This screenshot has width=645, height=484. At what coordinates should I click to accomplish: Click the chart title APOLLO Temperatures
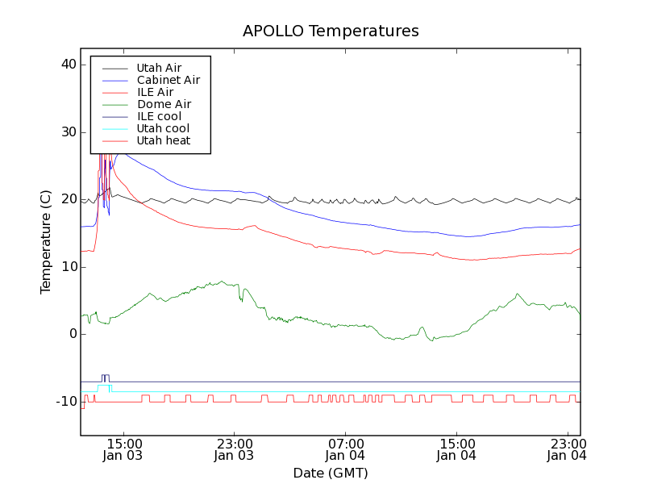[x=331, y=31]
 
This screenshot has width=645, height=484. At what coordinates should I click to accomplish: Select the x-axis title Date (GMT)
[x=331, y=473]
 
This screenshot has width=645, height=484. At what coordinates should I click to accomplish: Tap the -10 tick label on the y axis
[x=66, y=402]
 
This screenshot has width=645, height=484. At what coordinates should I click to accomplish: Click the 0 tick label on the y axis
[x=72, y=334]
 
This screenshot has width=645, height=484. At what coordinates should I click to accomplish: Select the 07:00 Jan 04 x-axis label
[x=345, y=449]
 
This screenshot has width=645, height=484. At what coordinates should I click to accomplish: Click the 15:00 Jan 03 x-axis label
[x=123, y=449]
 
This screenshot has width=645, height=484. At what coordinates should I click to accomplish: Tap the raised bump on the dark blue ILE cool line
[x=105, y=376]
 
